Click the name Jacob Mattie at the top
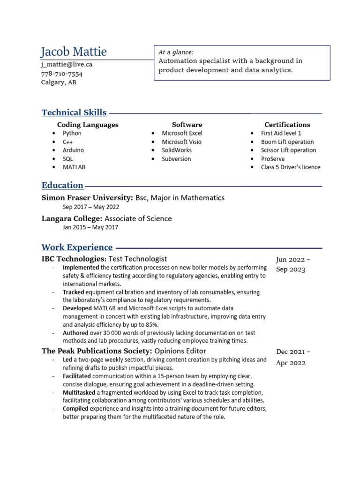click(x=74, y=52)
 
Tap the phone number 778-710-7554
click(x=62, y=74)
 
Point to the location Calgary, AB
click(x=59, y=82)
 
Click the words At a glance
click(x=176, y=52)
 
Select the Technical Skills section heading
click(x=74, y=112)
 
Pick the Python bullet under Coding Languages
click(x=72, y=133)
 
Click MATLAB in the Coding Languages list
click(x=74, y=167)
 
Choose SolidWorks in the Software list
click(x=177, y=150)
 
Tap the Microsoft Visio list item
click(x=182, y=142)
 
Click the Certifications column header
click(x=287, y=125)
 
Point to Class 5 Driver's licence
click(x=291, y=167)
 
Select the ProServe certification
click(x=272, y=158)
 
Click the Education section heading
click(x=62, y=185)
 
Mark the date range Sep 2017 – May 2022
click(x=91, y=207)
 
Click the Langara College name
click(x=72, y=218)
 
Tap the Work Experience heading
click(x=77, y=247)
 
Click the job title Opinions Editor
click(x=180, y=351)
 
